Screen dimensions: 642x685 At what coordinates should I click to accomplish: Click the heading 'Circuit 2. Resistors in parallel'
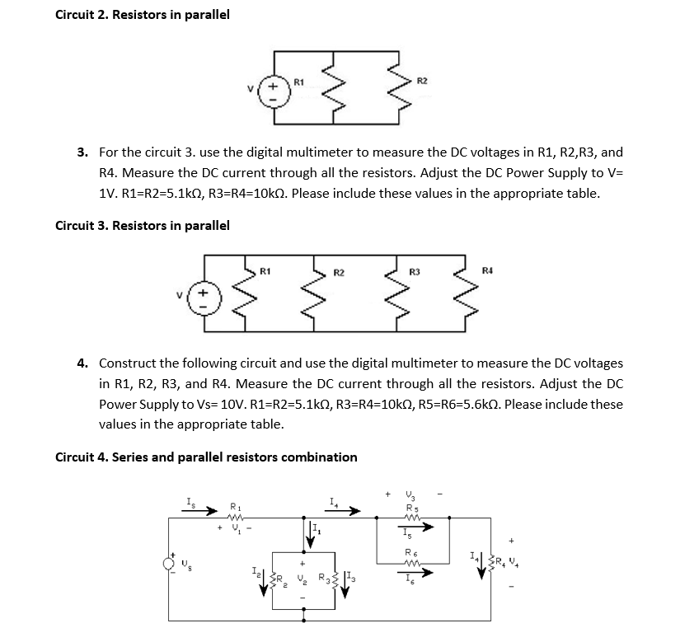tap(142, 15)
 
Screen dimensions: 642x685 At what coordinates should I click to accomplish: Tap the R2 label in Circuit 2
tap(422, 80)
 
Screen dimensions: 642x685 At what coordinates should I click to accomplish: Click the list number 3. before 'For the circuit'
tap(83, 152)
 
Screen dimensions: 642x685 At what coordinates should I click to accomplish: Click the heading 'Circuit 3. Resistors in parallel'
tap(142, 225)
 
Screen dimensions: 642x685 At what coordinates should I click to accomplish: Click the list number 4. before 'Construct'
tap(83, 363)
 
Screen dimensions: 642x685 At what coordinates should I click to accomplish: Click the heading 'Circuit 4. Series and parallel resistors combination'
tap(206, 457)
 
